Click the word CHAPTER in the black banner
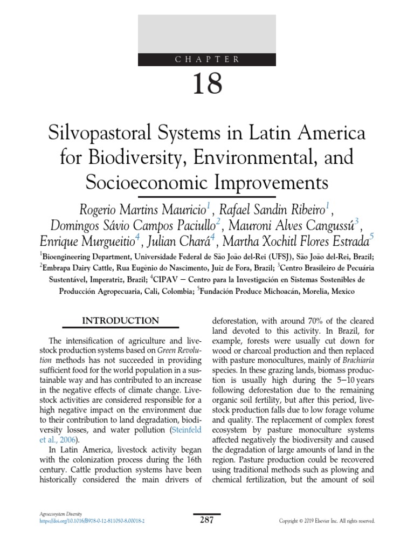[208, 59]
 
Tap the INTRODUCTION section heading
[120, 321]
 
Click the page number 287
[207, 520]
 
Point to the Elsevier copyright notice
[326, 521]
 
